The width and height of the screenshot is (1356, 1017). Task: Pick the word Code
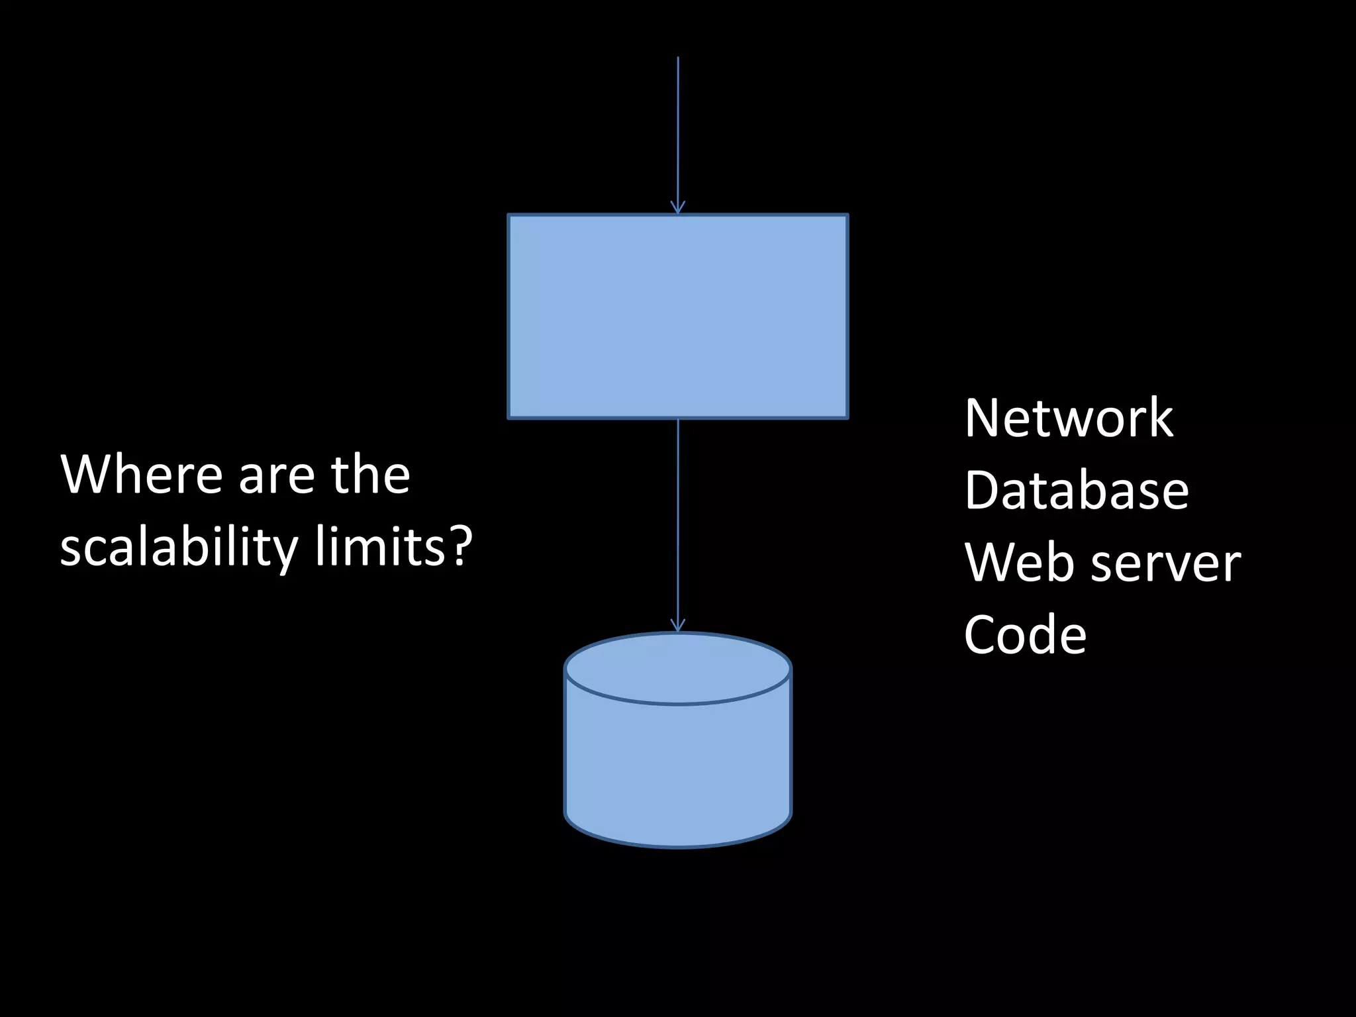[1025, 634]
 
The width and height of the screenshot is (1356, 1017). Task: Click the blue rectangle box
[677, 316]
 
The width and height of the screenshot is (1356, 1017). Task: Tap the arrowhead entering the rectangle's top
[677, 207]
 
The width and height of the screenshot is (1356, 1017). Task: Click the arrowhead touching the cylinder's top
[677, 626]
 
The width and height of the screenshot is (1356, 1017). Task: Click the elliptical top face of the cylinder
[677, 667]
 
